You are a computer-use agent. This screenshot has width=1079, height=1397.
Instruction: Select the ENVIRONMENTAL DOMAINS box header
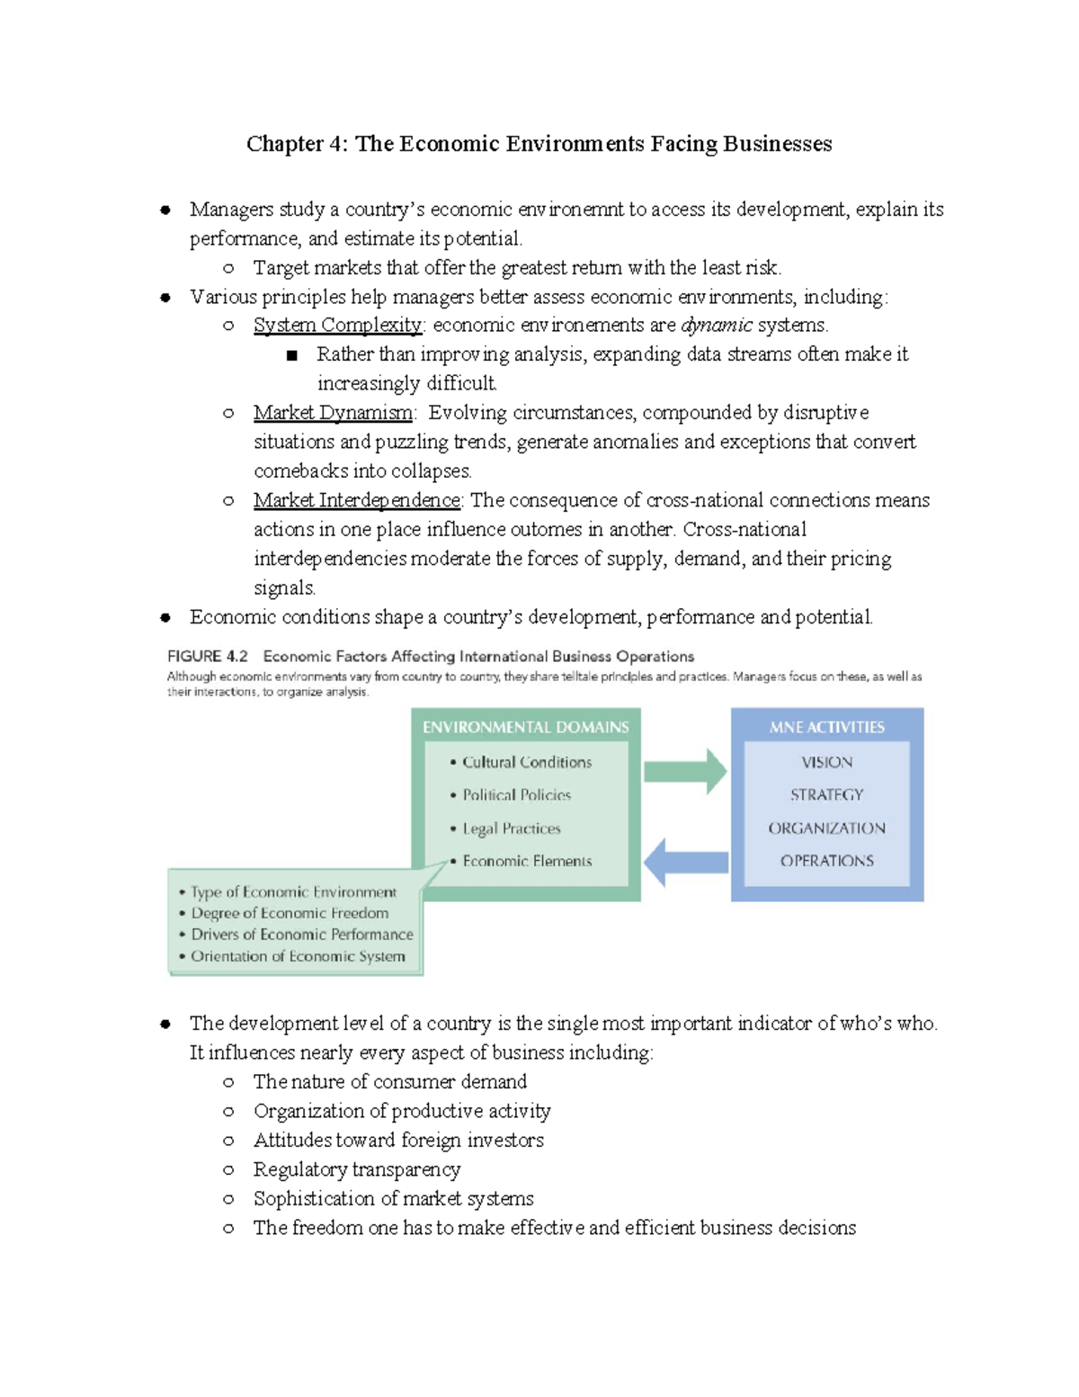point(526,727)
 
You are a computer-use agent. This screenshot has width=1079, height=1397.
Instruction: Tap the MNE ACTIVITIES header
point(826,727)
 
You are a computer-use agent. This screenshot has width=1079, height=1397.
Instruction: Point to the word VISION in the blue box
point(826,762)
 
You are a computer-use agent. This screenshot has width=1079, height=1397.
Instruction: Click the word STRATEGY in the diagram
point(826,795)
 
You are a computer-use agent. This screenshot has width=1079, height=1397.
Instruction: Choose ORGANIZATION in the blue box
point(826,828)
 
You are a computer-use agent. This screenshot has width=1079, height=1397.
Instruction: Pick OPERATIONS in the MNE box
point(826,861)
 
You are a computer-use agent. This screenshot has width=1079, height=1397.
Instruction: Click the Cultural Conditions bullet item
point(527,762)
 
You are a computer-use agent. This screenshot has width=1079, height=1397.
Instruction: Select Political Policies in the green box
point(516,795)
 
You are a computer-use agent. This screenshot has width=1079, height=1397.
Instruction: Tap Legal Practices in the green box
point(511,828)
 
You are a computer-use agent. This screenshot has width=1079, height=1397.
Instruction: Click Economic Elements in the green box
point(527,861)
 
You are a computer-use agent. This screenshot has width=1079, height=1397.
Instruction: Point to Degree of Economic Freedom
point(290,913)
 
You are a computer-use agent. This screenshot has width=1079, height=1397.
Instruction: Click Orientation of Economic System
point(298,956)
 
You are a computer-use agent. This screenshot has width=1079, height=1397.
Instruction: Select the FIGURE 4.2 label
point(208,657)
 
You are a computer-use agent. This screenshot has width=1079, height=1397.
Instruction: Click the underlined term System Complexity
point(337,325)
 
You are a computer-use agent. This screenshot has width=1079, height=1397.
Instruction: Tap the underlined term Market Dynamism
point(333,413)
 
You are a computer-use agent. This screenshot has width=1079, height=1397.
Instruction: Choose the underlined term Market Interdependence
point(357,500)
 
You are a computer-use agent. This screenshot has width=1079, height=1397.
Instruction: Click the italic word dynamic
point(717,325)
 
